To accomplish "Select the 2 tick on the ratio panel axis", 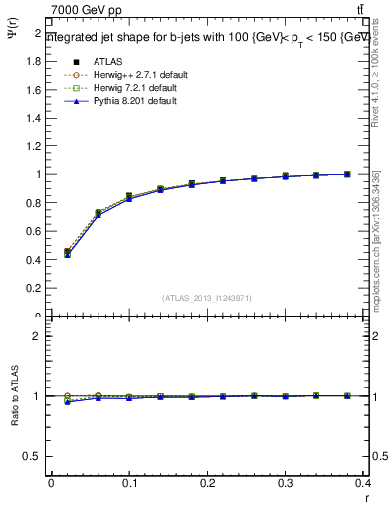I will tap(39, 336).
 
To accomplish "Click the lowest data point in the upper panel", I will tap(67, 254).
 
